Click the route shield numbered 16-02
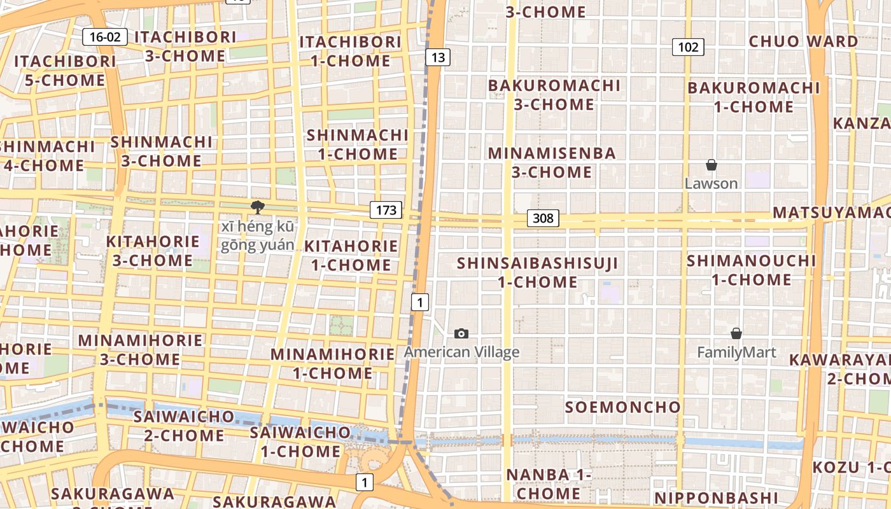[x=105, y=37]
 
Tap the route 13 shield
[x=438, y=58]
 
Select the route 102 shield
[x=688, y=47]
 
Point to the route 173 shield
[x=386, y=210]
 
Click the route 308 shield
[x=543, y=219]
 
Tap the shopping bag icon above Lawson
[x=712, y=165]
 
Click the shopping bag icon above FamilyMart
[x=736, y=333]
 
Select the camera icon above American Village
[x=461, y=333]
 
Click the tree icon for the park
[x=257, y=207]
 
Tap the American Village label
[x=461, y=352]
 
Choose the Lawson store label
[x=712, y=184]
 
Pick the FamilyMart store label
[x=736, y=352]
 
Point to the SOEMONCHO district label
[x=623, y=407]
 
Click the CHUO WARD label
[x=803, y=42]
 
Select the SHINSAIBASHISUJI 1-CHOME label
[x=537, y=272]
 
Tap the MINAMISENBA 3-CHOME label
[x=552, y=162]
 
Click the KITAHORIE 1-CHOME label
[x=351, y=255]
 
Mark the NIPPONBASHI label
[x=716, y=498]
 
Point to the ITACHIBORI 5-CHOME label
[x=65, y=71]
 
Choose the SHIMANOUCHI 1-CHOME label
[x=751, y=270]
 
